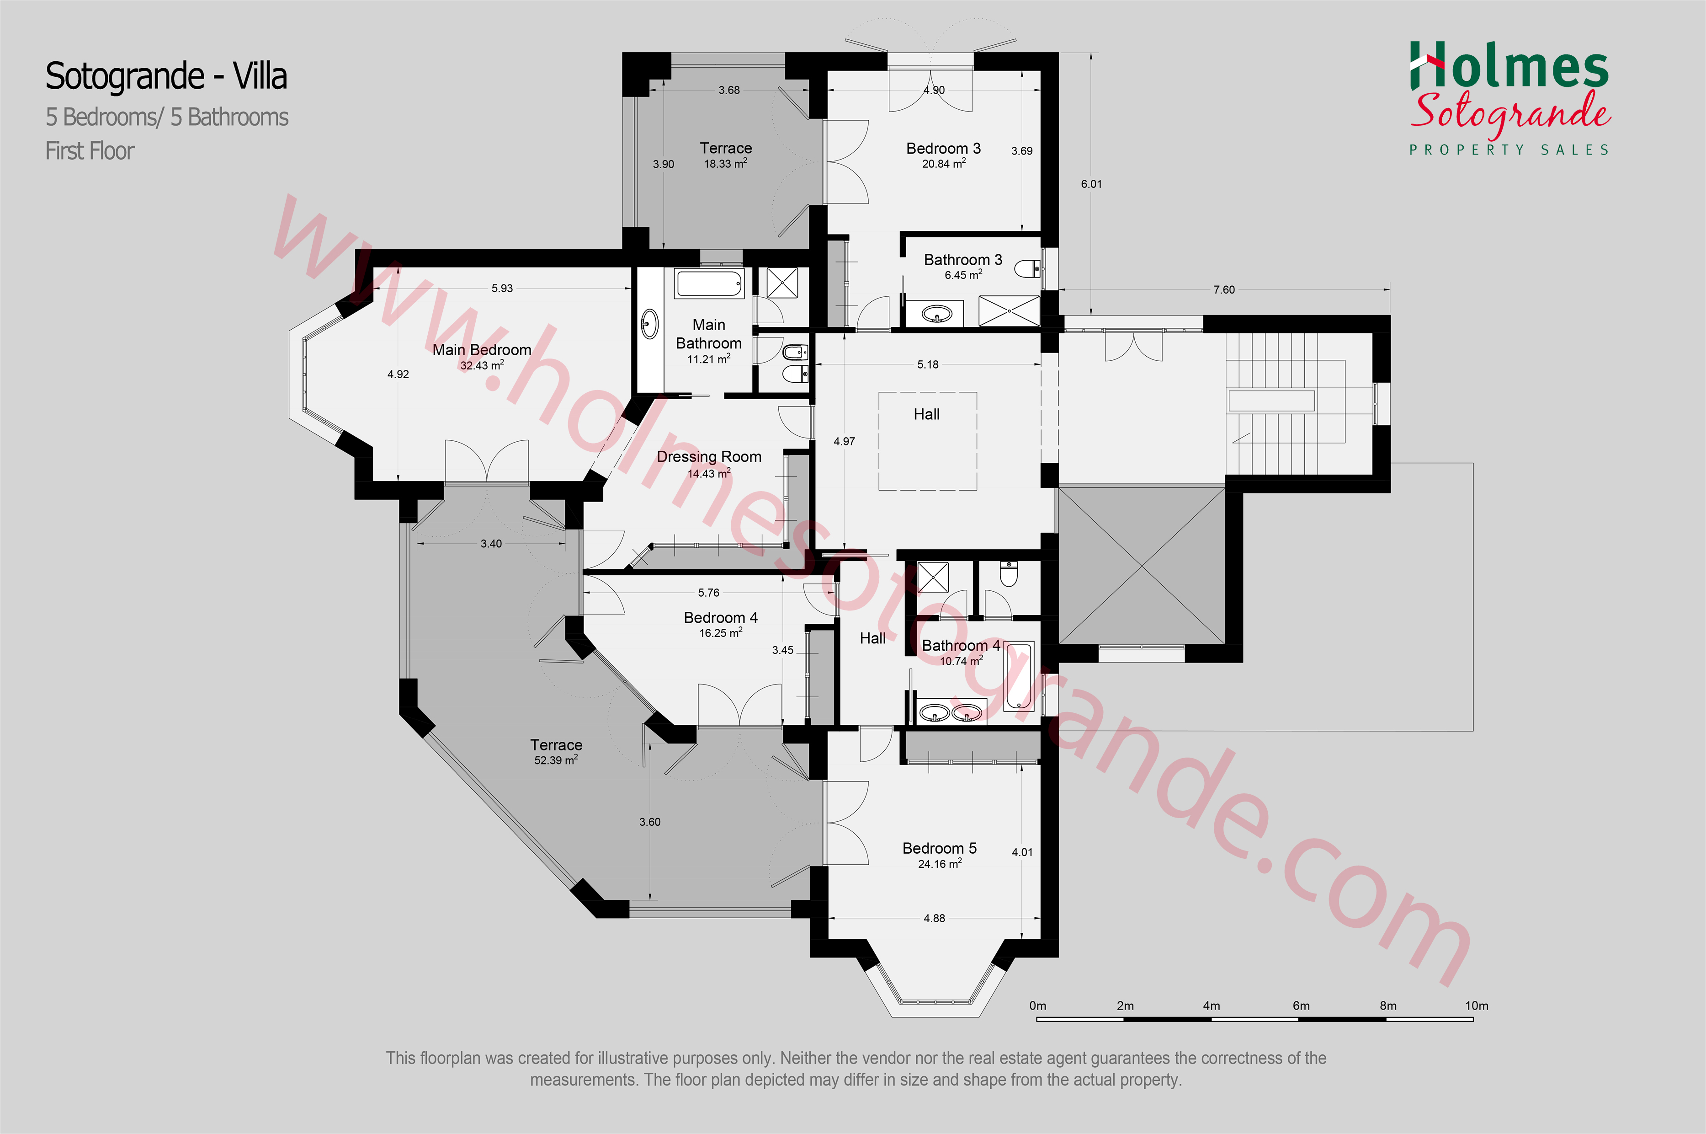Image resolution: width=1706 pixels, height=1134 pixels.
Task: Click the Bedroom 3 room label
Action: pos(943,148)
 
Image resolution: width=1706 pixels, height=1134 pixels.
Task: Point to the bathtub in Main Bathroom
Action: pos(709,283)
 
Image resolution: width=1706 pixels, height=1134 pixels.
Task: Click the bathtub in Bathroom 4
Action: pos(1018,675)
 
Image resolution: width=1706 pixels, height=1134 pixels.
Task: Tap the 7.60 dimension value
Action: pos(1224,290)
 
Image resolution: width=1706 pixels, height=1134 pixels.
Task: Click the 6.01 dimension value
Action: pos(1091,184)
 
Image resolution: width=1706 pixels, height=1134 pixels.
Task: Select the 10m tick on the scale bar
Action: pos(1472,1019)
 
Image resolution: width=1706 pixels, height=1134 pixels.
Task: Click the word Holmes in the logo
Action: pos(1509,67)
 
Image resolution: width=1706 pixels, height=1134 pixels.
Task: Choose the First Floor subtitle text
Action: pos(90,151)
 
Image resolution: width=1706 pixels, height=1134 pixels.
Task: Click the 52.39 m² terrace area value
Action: pos(556,760)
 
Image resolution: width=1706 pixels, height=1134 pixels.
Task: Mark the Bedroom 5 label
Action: pos(939,848)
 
